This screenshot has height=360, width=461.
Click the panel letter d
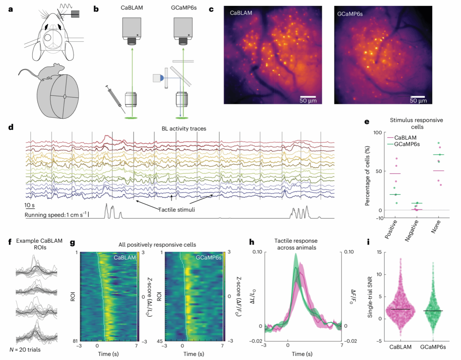pos(11,127)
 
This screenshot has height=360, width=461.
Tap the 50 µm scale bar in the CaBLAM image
pos(308,96)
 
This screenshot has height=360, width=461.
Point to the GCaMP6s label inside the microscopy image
pos(350,14)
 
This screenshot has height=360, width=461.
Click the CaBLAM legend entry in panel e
pos(405,138)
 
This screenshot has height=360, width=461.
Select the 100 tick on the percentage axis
pos(378,132)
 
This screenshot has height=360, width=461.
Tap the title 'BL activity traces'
pos(184,128)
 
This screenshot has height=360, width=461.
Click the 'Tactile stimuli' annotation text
pos(177,210)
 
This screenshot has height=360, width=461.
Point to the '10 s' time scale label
pos(29,206)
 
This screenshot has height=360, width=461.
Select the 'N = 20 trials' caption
pos(25,350)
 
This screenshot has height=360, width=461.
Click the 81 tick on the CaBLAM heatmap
pos(75,341)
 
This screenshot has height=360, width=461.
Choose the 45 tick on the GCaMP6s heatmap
pos(159,341)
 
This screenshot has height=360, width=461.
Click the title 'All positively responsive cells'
pos(157,245)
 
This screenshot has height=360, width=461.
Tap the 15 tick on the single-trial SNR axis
pos(379,252)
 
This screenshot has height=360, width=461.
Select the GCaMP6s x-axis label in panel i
pos(433,347)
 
